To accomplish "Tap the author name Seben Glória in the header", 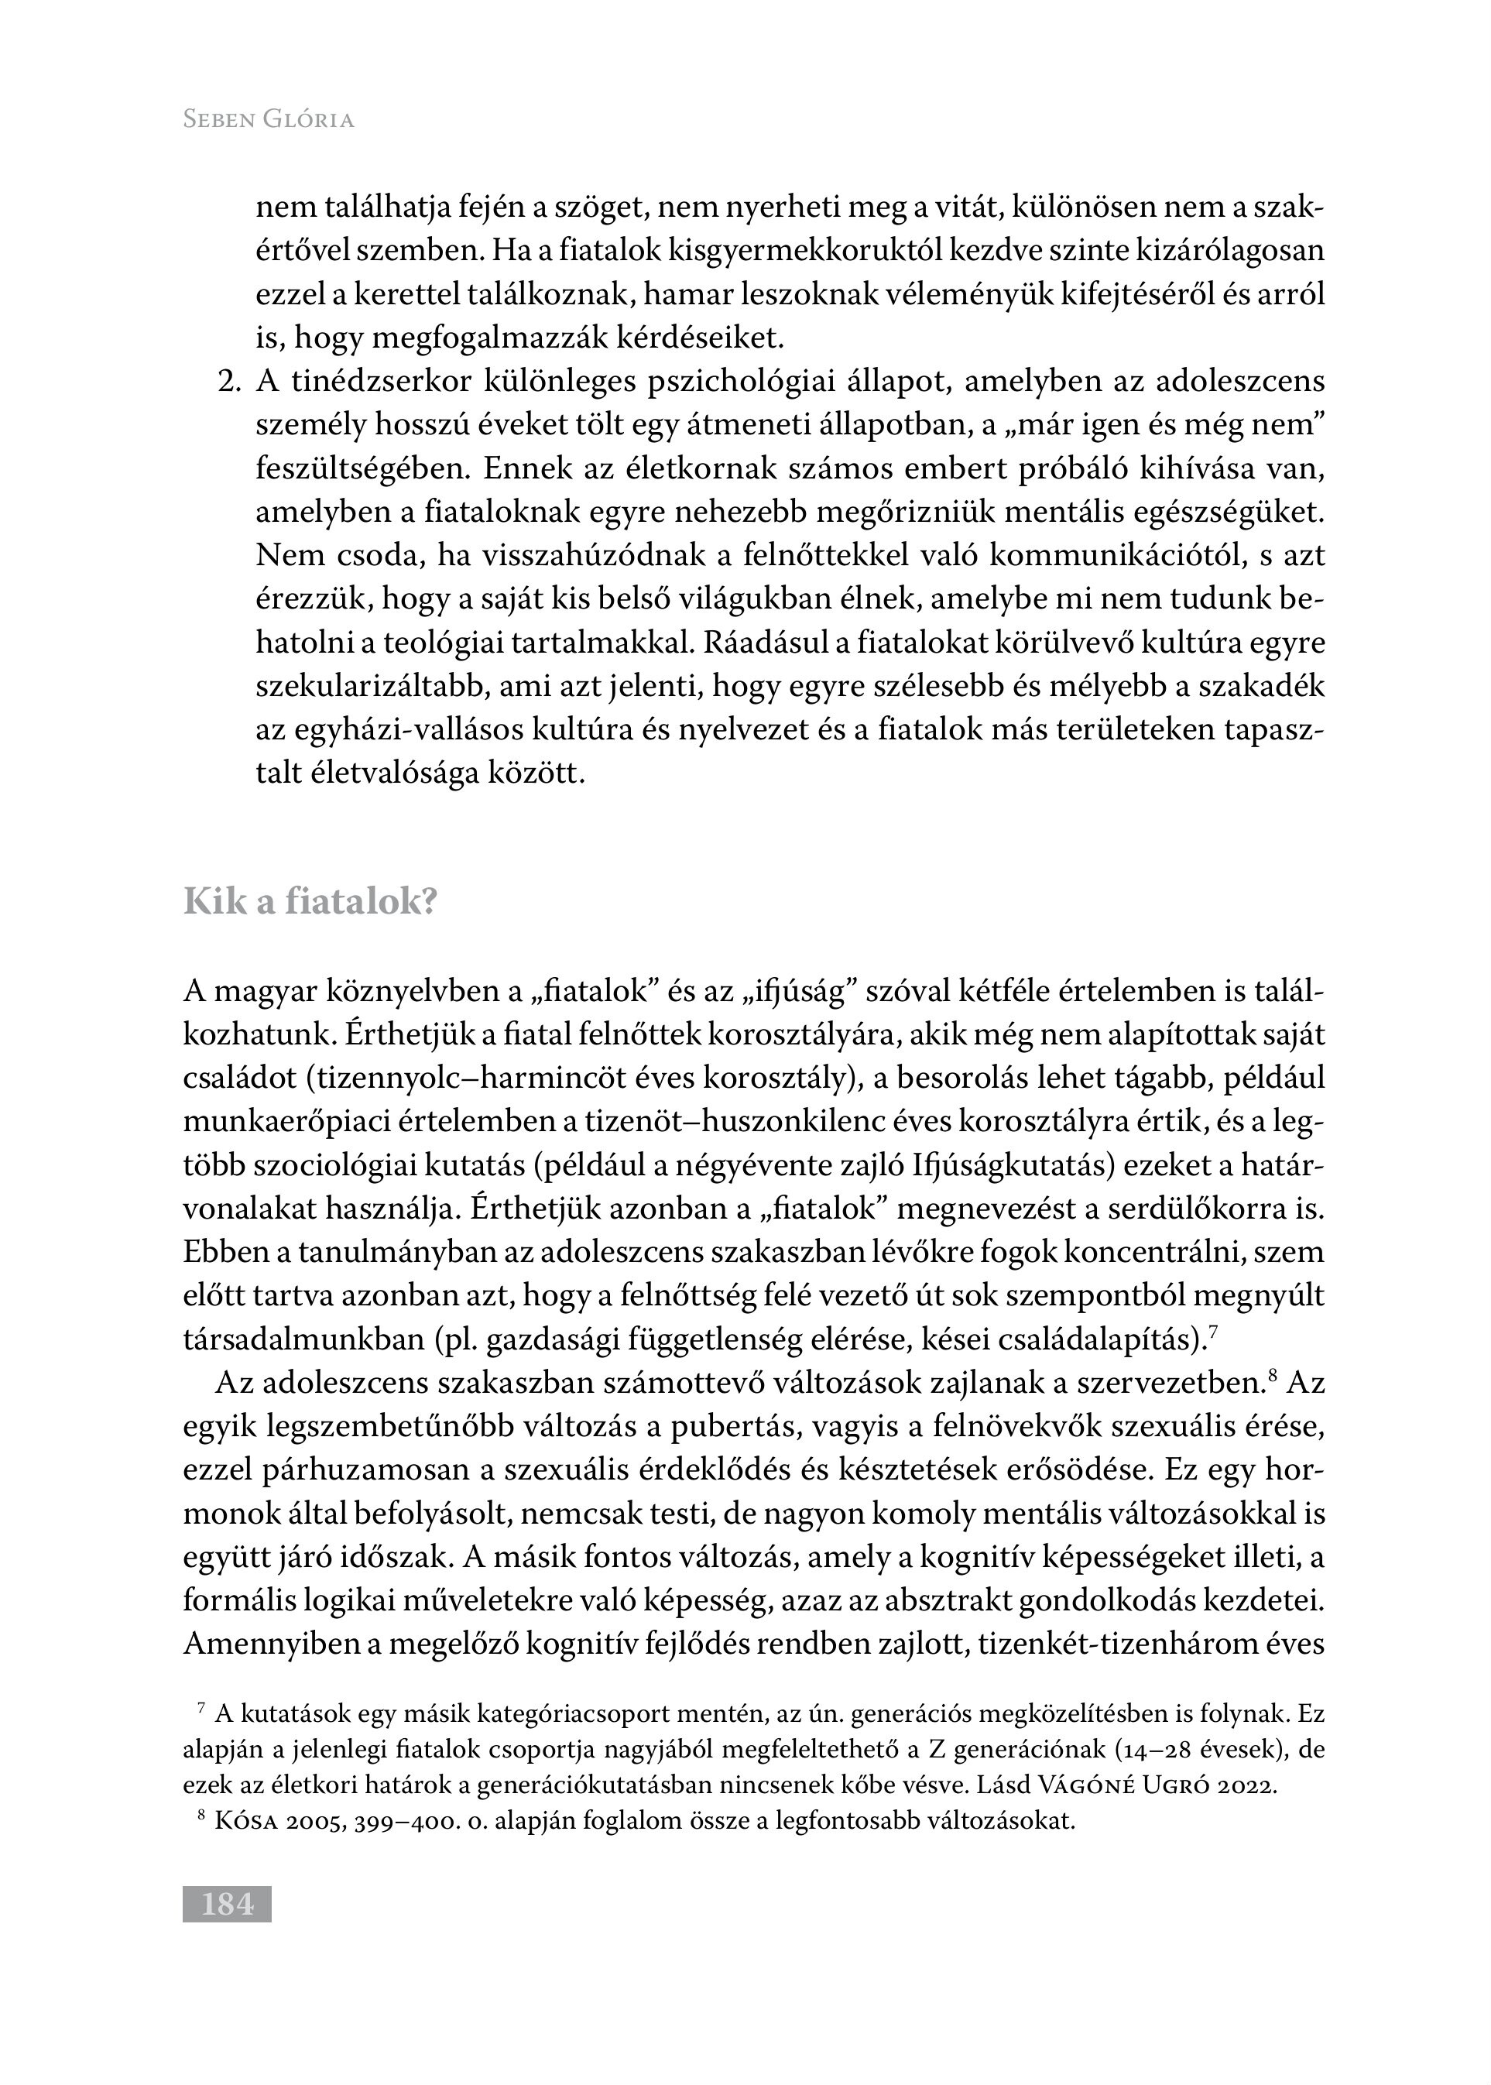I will [x=268, y=119].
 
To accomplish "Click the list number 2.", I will [x=228, y=382].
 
